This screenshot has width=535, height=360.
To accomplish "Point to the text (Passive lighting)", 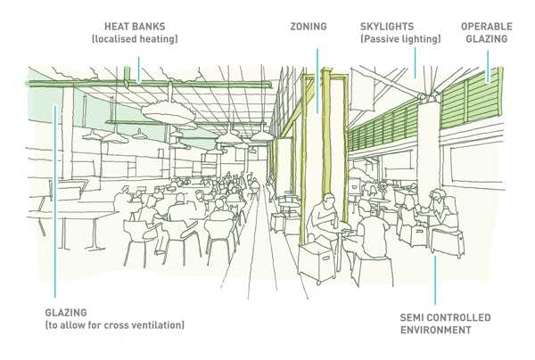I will coord(400,40).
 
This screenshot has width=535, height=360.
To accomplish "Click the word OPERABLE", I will coord(486,27).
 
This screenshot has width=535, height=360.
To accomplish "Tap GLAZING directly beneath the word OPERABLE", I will coord(486,40).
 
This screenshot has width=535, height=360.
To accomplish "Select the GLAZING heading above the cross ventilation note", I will coord(66,313).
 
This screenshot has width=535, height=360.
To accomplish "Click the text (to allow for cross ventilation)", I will coord(114,326).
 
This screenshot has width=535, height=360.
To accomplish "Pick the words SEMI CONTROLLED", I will coord(446,317).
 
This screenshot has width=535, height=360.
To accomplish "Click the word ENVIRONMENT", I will coord(435,331).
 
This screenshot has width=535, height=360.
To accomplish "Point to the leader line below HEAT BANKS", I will coord(138,64).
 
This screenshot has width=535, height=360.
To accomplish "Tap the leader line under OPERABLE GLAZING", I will coord(488,62).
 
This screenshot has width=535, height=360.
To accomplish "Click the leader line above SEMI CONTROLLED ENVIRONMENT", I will coord(435,276).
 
